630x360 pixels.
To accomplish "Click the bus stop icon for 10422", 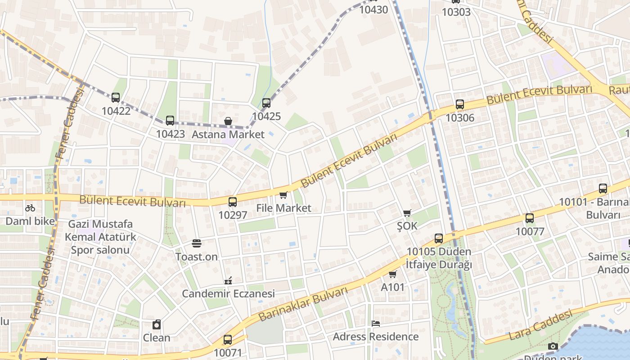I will [x=116, y=98].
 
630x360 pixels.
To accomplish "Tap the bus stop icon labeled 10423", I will [x=170, y=121].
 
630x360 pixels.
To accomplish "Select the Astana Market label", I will [x=228, y=134].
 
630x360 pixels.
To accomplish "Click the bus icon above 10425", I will [x=266, y=103].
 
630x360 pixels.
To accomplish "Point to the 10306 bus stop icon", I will [x=459, y=104].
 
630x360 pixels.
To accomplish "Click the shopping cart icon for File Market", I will [x=283, y=195].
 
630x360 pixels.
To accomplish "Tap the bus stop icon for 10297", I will [x=232, y=202].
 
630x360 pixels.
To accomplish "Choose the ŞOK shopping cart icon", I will [x=407, y=213].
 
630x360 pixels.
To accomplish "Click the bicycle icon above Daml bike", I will [x=30, y=208].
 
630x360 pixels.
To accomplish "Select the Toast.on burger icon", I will [x=196, y=243].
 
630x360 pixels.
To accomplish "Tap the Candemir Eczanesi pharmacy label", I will [x=228, y=294].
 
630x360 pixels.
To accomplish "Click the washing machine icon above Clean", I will [x=157, y=324].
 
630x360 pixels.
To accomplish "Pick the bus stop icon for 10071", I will [x=228, y=340].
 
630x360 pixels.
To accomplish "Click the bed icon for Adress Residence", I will [x=376, y=324].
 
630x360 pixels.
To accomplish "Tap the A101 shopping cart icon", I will [x=392, y=274].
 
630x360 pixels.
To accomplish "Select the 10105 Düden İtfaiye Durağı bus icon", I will [x=439, y=238].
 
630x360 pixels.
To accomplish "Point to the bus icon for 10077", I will [x=530, y=218].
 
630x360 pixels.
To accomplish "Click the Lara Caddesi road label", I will [x=540, y=324].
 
